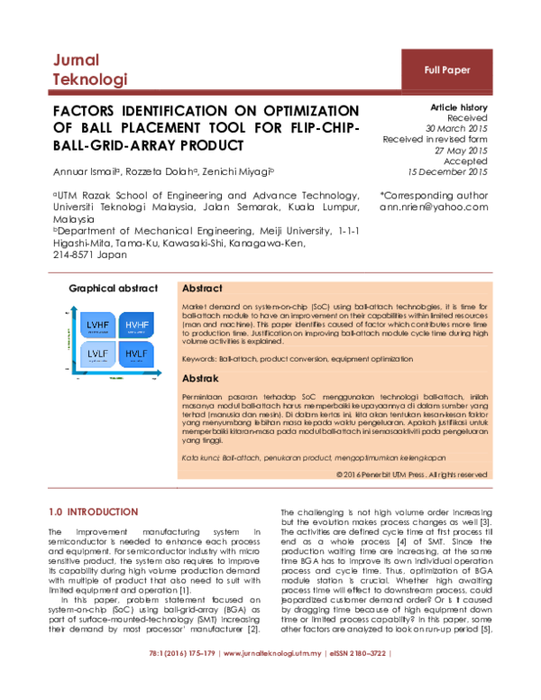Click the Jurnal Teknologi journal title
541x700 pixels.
tap(87, 69)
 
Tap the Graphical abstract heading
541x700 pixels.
tap(113, 289)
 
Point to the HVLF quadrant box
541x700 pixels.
tap(138, 354)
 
